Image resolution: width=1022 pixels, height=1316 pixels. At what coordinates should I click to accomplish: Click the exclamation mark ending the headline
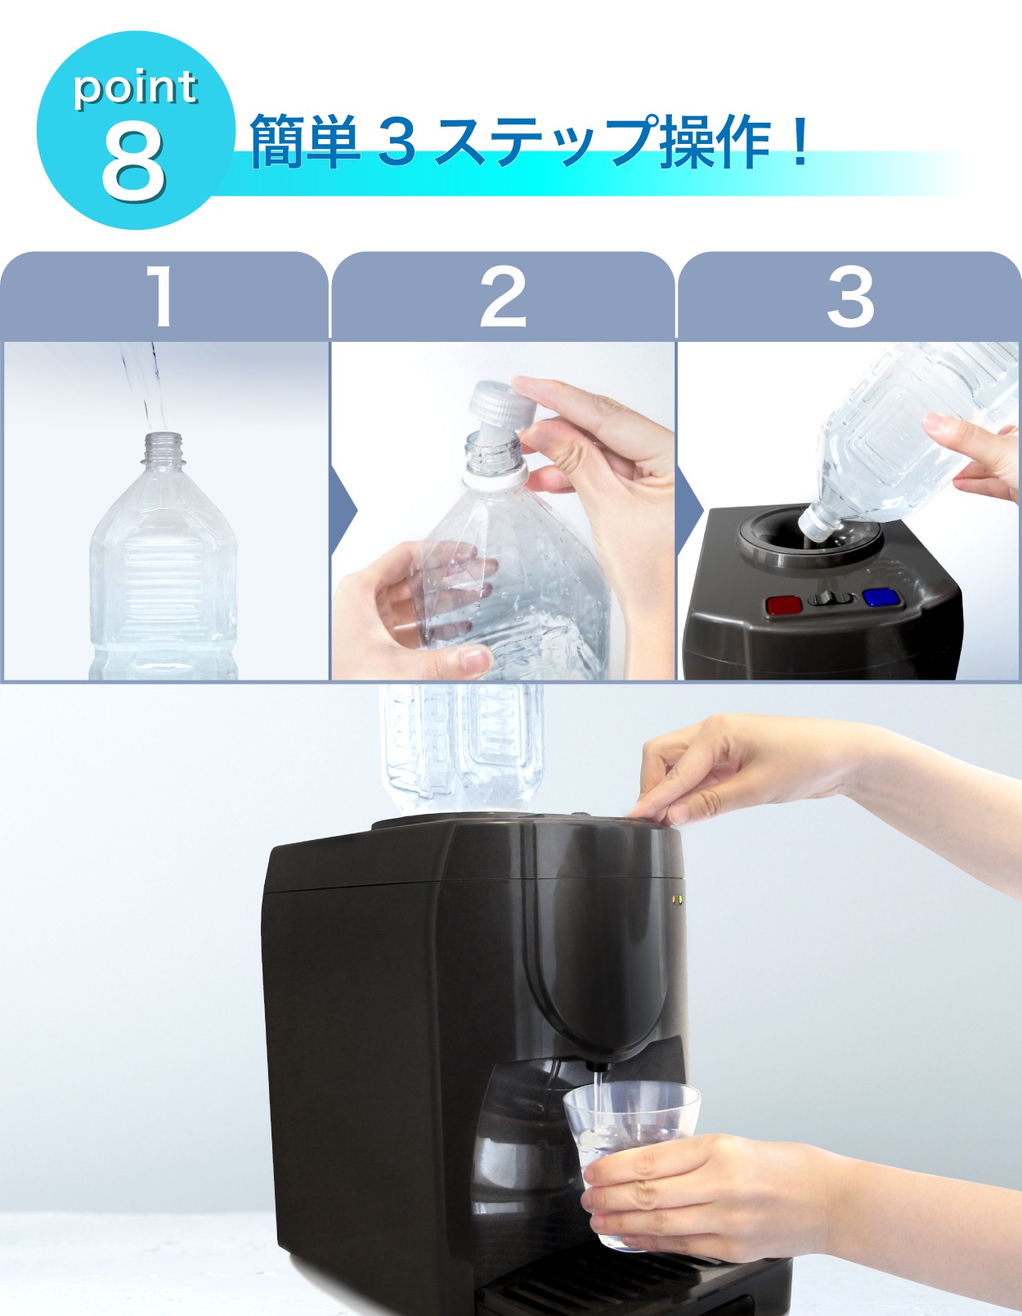(x=800, y=141)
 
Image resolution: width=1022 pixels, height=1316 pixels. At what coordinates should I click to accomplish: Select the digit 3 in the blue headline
(x=397, y=141)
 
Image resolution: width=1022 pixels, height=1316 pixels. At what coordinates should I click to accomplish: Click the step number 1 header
(x=161, y=297)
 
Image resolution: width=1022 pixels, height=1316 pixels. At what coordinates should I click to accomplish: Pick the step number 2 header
(x=502, y=297)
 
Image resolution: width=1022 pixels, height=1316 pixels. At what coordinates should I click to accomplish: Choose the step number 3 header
(x=850, y=297)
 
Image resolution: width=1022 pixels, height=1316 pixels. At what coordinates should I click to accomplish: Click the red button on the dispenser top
(x=784, y=604)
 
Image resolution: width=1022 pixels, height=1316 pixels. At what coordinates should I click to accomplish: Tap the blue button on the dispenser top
(x=881, y=598)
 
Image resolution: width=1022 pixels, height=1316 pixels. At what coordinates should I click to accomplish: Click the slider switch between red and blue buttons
(x=828, y=599)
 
